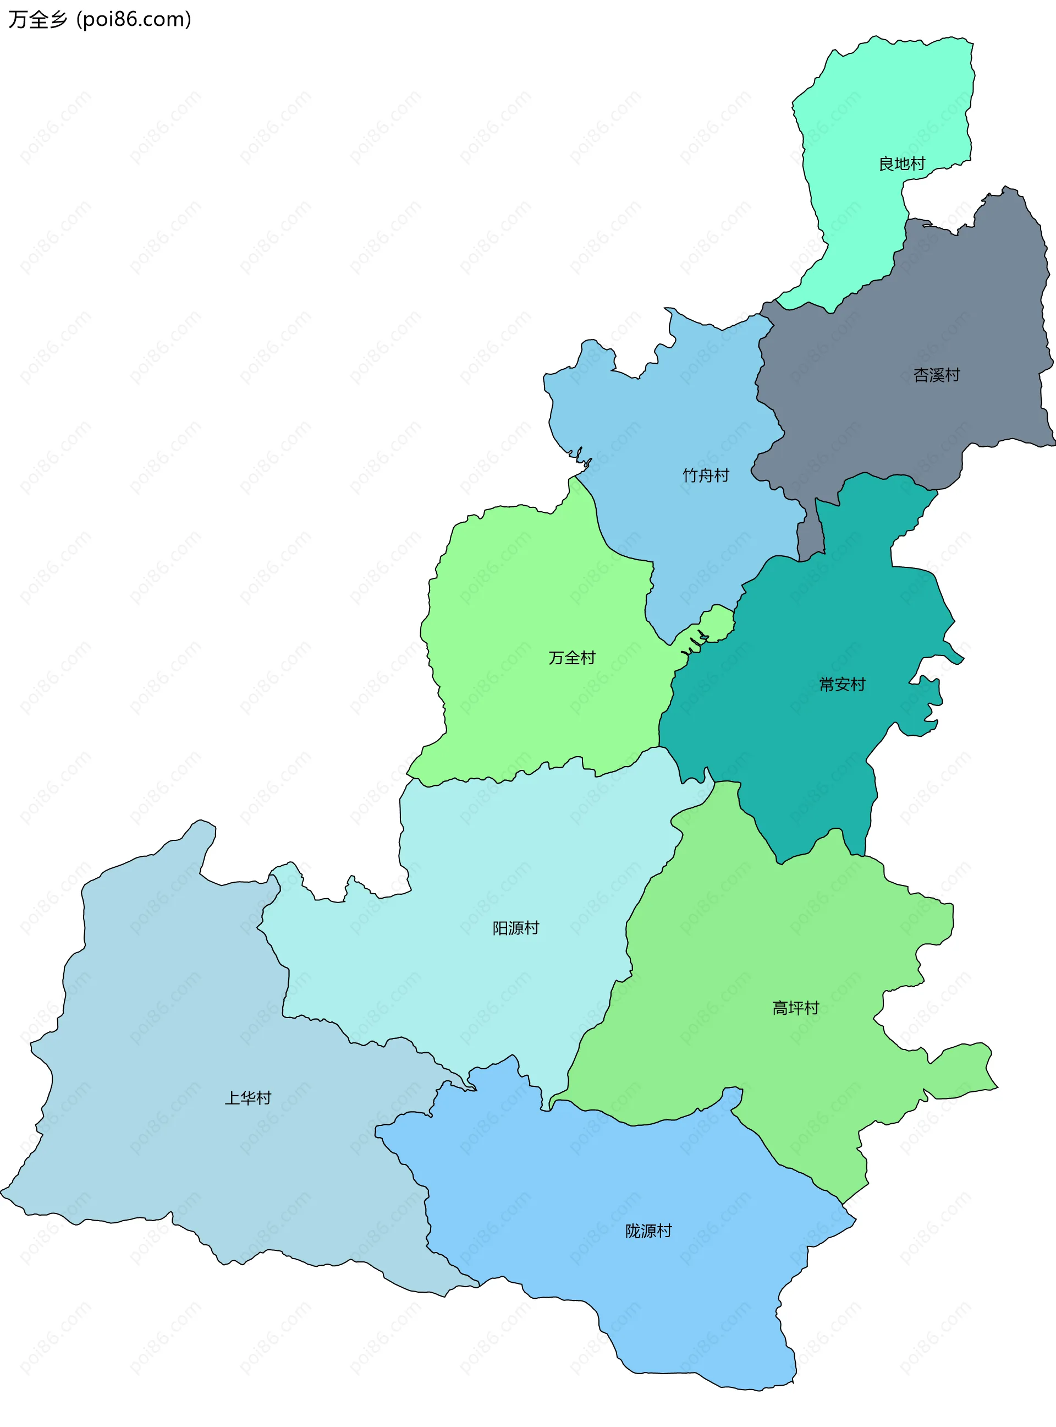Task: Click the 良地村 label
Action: (901, 164)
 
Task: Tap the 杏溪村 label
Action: (937, 375)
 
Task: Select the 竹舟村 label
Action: (706, 475)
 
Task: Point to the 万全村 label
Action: (571, 658)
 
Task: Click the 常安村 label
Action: (842, 685)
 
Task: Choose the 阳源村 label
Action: (515, 927)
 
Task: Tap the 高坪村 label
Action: (795, 1008)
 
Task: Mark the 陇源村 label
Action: (648, 1231)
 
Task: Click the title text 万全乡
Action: (37, 20)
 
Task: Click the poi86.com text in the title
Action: (134, 20)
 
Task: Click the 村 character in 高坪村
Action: (811, 1008)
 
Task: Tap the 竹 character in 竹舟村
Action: (690, 475)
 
